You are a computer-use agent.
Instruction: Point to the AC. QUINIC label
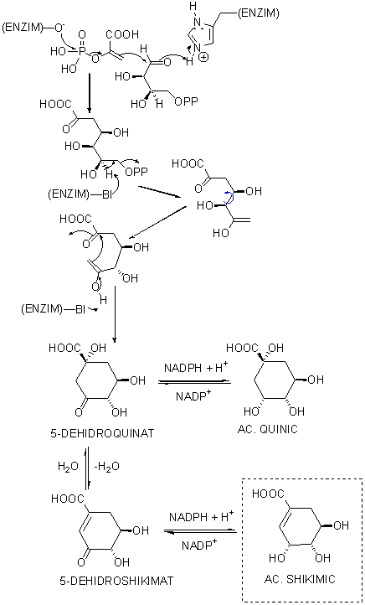[268, 429]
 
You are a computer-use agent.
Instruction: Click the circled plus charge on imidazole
[204, 58]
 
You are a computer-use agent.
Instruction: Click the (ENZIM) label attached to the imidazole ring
[258, 14]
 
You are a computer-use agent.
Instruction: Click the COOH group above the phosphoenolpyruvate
[121, 34]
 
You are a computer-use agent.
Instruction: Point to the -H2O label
[106, 466]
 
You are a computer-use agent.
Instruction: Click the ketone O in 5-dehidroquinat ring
[78, 412]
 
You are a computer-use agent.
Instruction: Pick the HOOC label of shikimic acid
[268, 494]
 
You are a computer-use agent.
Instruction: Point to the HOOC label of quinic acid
[243, 348]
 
